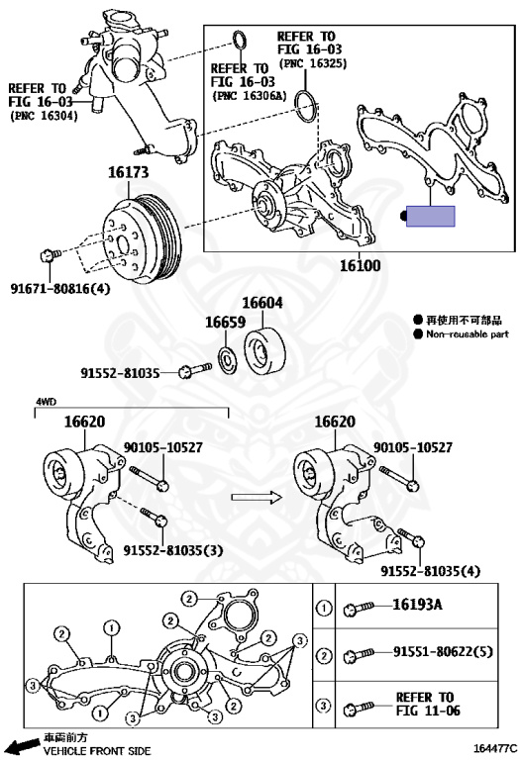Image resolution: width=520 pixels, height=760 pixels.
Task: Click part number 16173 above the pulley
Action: (x=128, y=172)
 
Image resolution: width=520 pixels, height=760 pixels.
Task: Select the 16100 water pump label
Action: (x=360, y=265)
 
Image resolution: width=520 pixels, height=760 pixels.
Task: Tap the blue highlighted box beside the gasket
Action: (x=430, y=216)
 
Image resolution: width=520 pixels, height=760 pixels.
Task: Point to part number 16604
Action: (x=261, y=303)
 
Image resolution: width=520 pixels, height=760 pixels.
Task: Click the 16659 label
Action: (x=225, y=322)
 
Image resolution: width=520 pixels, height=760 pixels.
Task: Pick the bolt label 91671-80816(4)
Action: (x=60, y=289)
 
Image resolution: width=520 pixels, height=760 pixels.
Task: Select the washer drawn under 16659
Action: (x=228, y=360)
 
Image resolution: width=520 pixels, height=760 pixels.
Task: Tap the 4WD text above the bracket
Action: (x=46, y=402)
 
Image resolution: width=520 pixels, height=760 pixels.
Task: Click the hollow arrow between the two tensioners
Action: (x=257, y=497)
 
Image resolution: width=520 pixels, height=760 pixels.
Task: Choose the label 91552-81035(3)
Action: (x=173, y=550)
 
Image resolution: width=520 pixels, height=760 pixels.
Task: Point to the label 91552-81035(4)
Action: (x=430, y=571)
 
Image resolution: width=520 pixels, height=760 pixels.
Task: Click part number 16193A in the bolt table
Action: (x=417, y=605)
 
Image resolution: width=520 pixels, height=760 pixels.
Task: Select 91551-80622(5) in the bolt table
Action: (x=443, y=651)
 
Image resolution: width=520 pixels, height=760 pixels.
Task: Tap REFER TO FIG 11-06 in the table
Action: (x=427, y=704)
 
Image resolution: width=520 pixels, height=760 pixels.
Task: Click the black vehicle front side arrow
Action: (x=25, y=744)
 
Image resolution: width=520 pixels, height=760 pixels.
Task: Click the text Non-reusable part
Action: (x=468, y=333)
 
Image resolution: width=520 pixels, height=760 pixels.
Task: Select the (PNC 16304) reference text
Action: (x=44, y=117)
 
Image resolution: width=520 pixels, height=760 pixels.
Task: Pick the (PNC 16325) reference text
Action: (x=313, y=64)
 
